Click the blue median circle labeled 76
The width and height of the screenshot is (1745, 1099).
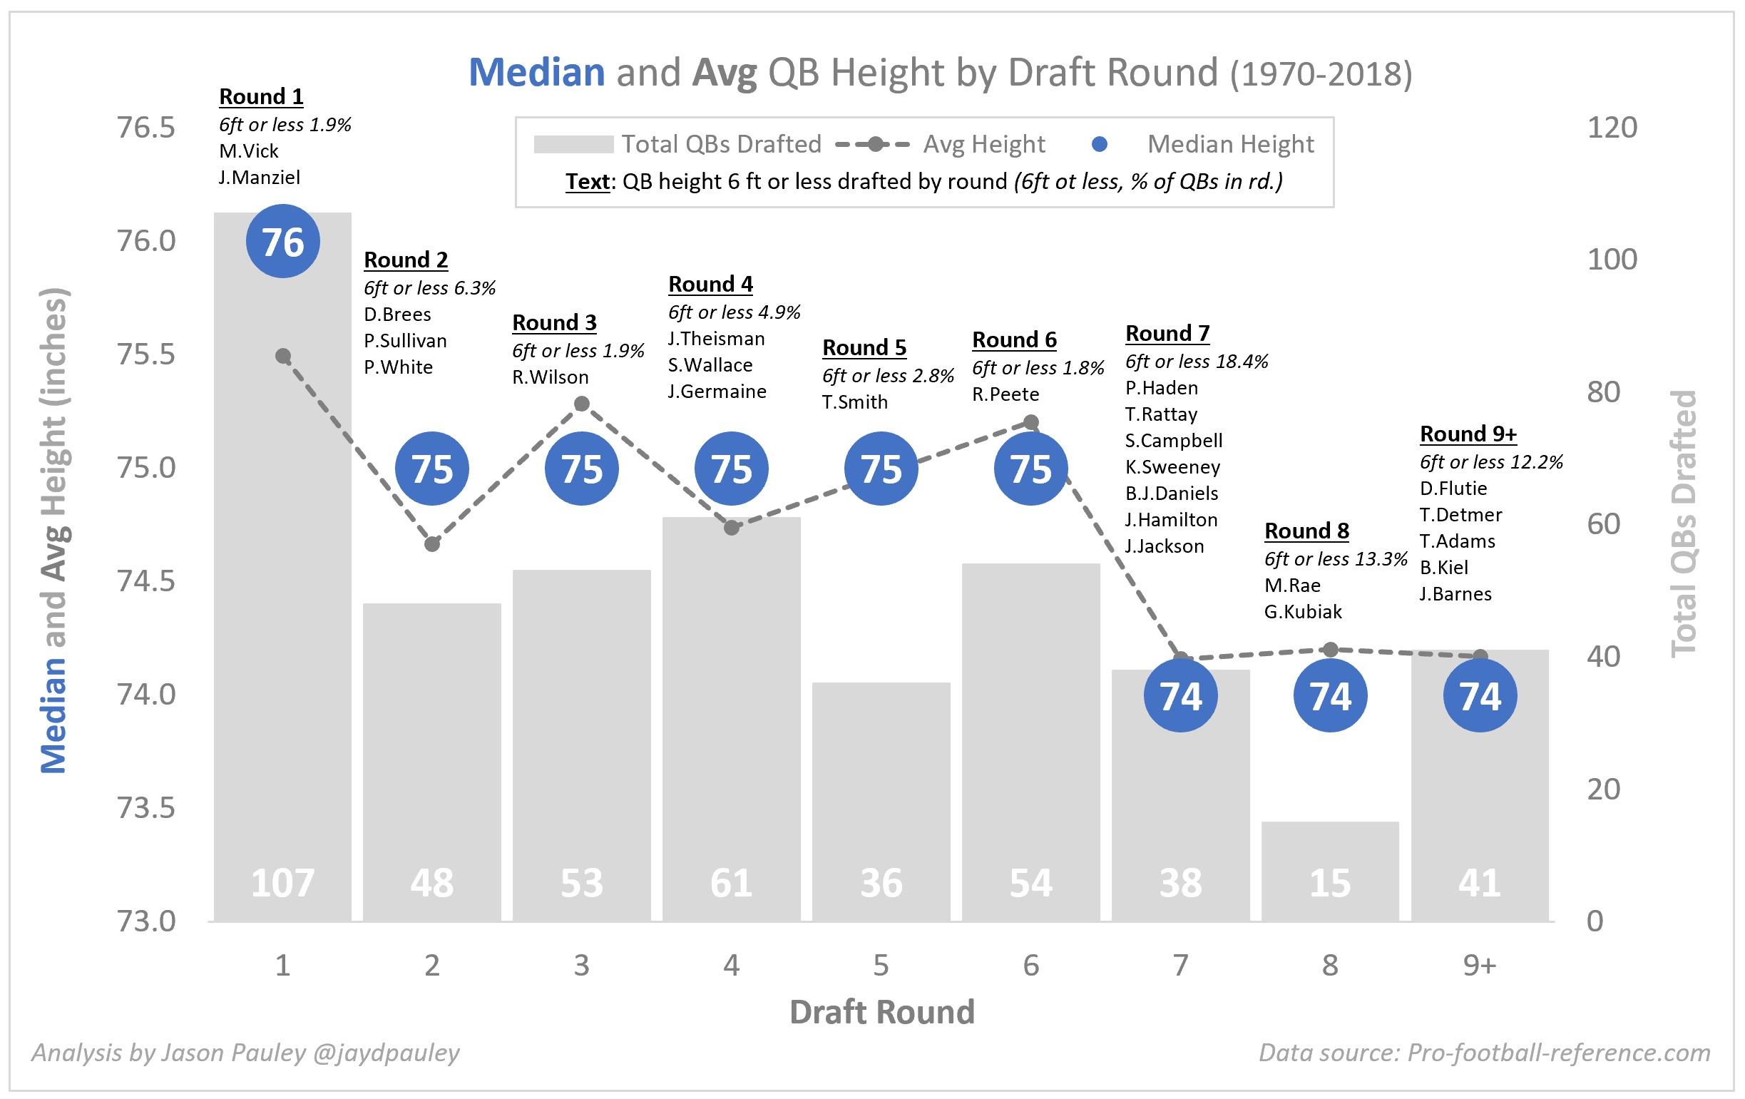click(x=282, y=241)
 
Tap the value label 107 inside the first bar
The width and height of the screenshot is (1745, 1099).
click(x=282, y=883)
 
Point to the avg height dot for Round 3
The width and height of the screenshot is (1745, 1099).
click(x=581, y=404)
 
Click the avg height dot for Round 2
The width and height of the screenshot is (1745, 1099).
click(x=432, y=544)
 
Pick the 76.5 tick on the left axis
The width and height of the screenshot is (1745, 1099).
click(x=146, y=128)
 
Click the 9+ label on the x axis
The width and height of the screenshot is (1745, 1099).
click(x=1479, y=965)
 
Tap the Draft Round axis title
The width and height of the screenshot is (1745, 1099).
click(x=881, y=1012)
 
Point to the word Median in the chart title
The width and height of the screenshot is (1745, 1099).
click(x=536, y=73)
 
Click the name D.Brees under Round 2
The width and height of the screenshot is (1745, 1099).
click(x=397, y=314)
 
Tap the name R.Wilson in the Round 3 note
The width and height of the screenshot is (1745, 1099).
click(x=550, y=377)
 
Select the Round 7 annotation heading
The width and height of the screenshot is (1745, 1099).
click(x=1167, y=333)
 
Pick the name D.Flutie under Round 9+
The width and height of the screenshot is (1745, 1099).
click(x=1453, y=488)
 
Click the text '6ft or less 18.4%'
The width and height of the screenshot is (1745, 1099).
click(x=1197, y=361)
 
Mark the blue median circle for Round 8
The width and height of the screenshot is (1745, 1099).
click(x=1330, y=695)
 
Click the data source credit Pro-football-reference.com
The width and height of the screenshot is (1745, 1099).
click(x=1485, y=1053)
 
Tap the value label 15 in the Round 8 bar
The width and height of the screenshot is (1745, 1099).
click(x=1330, y=883)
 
